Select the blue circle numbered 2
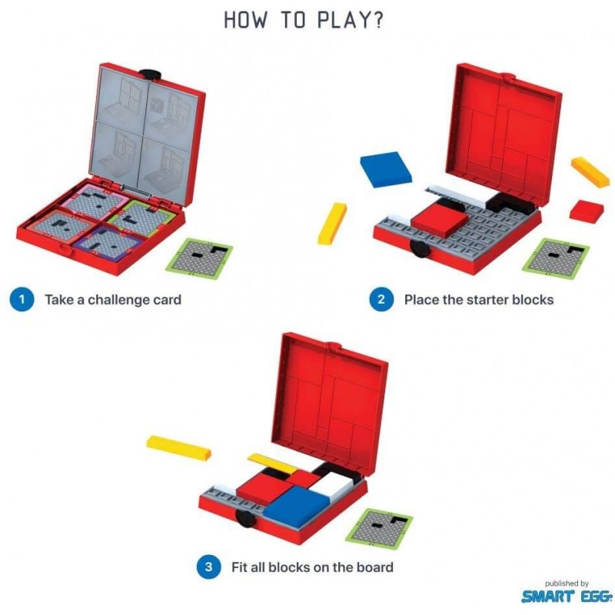(381, 300)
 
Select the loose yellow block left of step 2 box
(332, 223)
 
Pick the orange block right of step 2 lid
(590, 171)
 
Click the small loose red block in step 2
(587, 209)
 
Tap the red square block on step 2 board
(438, 221)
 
